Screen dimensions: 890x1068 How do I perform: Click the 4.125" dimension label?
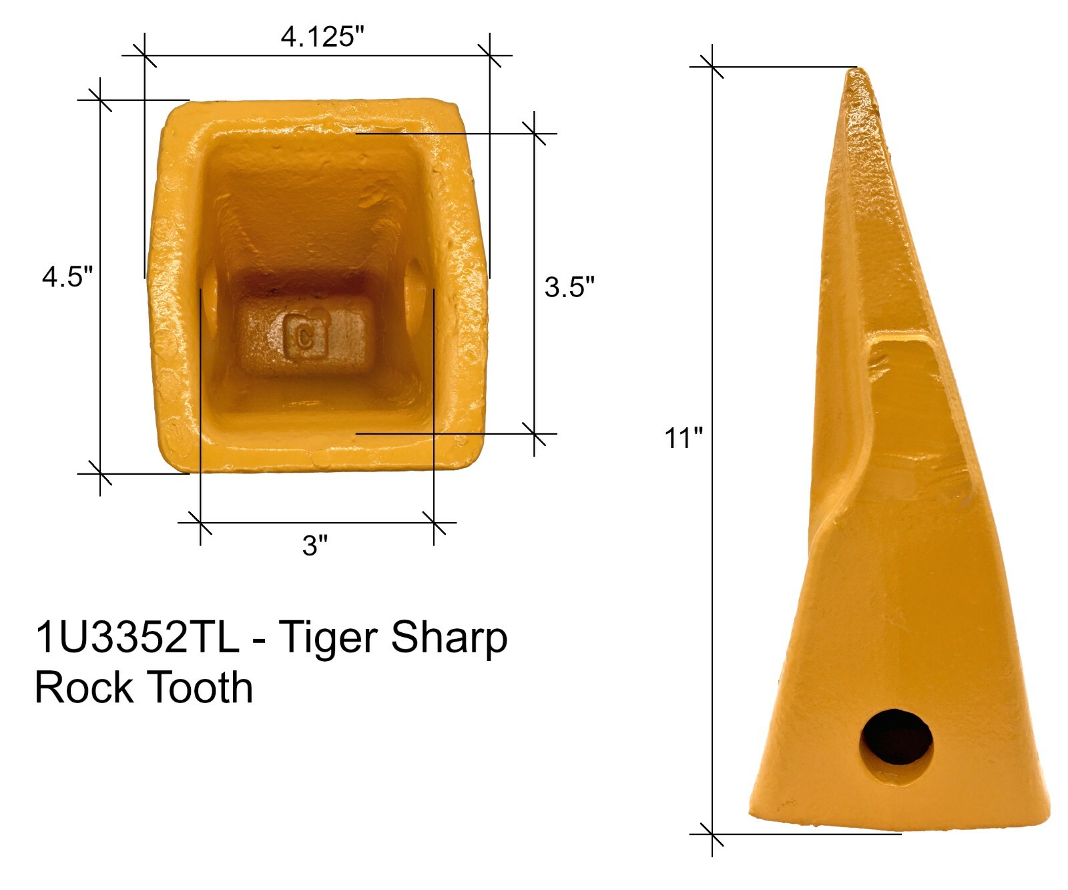tap(322, 37)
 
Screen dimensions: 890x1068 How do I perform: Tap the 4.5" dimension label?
tap(67, 276)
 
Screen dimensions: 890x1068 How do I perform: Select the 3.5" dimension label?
tap(569, 286)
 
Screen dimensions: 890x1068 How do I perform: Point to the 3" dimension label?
tap(315, 545)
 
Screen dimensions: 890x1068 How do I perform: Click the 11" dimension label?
tap(684, 439)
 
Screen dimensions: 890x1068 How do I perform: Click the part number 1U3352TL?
tap(137, 638)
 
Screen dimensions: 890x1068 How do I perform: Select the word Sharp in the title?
tap(449, 639)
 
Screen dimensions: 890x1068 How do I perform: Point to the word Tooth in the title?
tap(200, 688)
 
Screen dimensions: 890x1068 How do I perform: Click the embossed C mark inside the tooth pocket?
tap(306, 335)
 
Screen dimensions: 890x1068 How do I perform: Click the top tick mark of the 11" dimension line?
tap(712, 67)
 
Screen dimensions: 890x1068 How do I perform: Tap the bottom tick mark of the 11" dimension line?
tap(712, 834)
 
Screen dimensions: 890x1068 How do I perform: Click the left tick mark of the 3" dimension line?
tap(200, 523)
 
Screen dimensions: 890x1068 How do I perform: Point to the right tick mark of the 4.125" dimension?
tap(489, 55)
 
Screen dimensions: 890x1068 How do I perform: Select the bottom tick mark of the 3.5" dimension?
tap(534, 434)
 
